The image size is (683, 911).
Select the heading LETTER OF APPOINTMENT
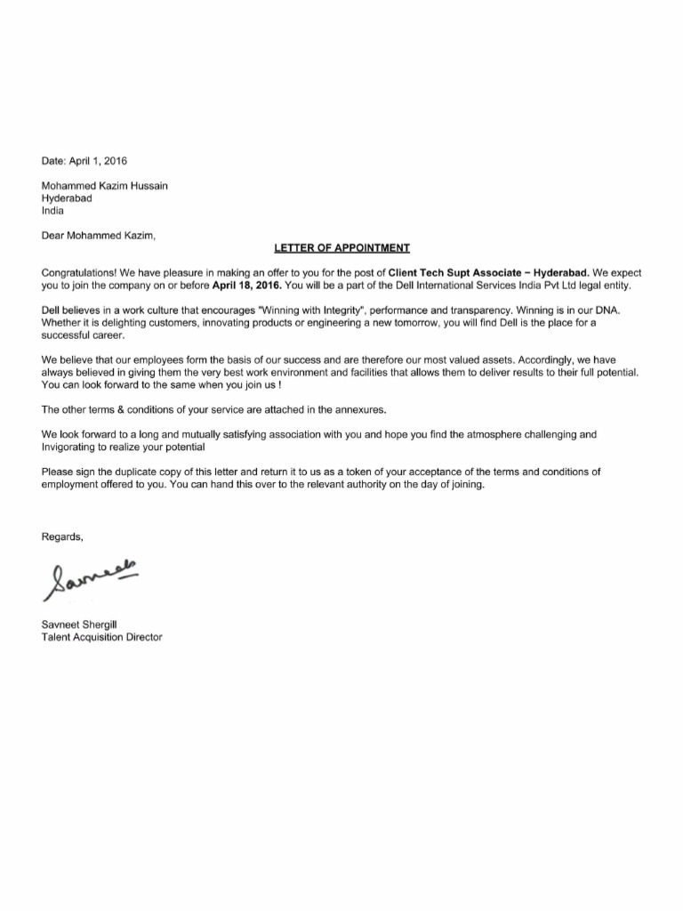[341, 247]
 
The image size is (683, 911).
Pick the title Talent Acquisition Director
[101, 637]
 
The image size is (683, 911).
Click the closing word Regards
[62, 536]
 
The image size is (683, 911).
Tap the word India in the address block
[52, 211]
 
